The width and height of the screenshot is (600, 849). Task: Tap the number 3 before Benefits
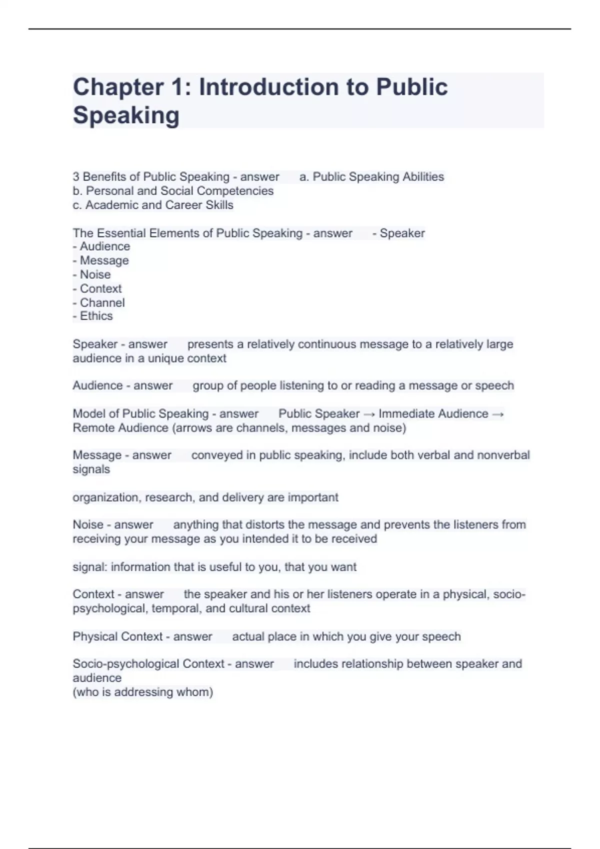coord(76,177)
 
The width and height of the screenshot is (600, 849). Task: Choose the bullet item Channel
coord(102,303)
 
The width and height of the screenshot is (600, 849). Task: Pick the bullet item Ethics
coord(96,316)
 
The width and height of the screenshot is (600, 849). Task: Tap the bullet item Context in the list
coord(100,289)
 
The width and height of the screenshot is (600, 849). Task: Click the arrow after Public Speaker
coord(369,414)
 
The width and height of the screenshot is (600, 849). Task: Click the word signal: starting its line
coord(90,567)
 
